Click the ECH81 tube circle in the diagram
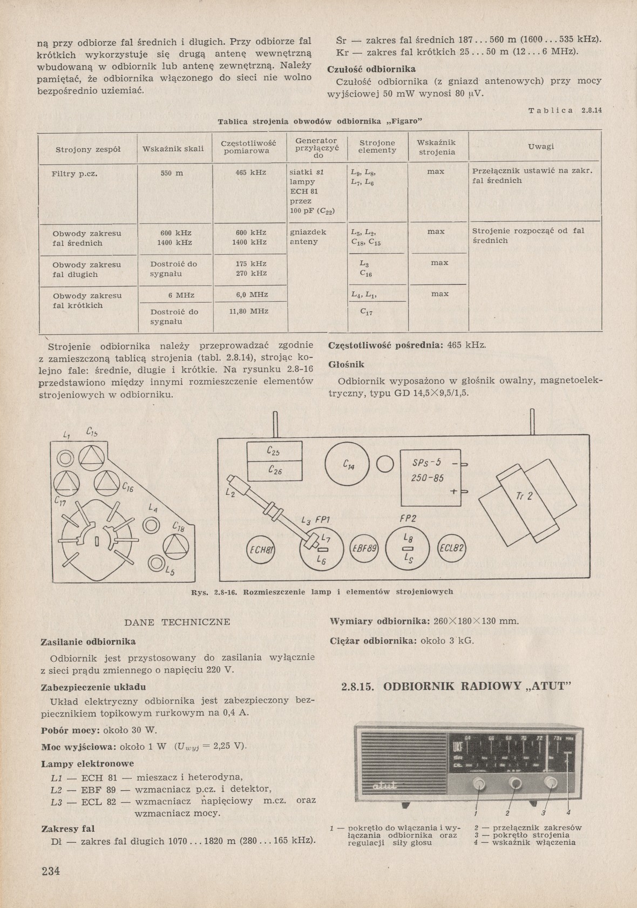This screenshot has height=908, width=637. tap(261, 550)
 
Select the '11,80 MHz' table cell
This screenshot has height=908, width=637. tap(249, 311)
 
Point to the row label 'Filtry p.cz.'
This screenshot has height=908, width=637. tap(74, 174)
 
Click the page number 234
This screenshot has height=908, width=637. tap(50, 870)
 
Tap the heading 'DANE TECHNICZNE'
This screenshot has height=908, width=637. tap(177, 622)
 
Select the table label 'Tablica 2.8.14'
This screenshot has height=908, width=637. tap(565, 110)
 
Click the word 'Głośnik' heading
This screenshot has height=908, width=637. tap(347, 364)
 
